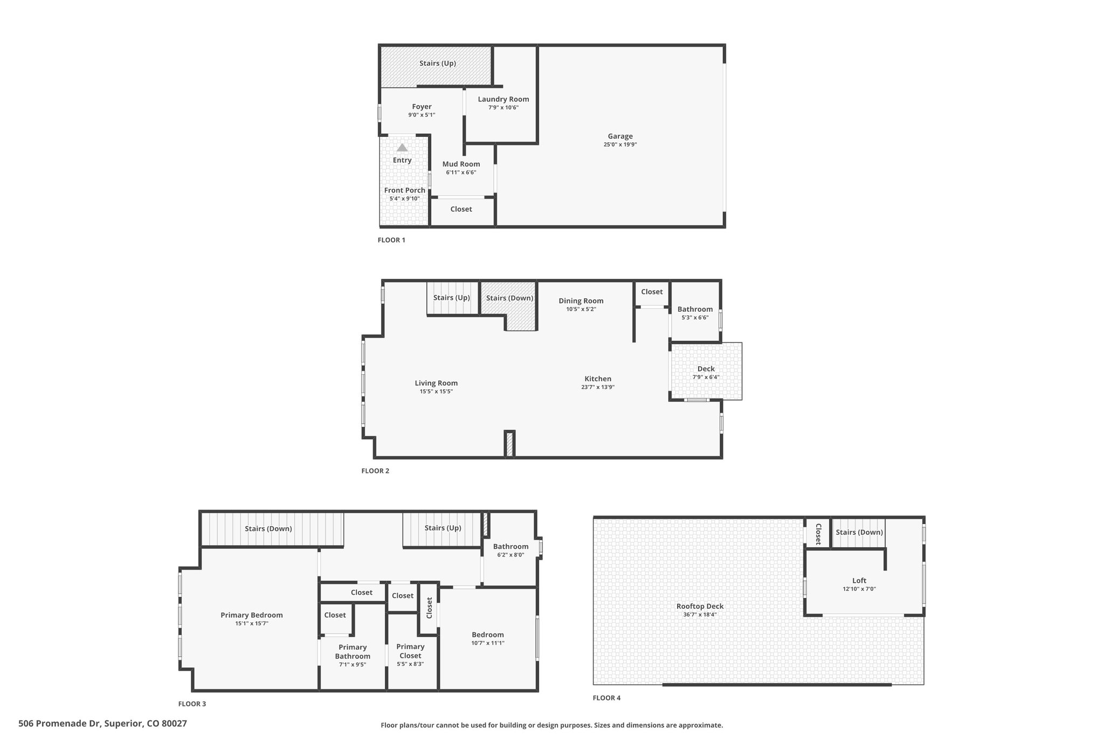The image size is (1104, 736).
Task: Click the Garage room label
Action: pyautogui.click(x=620, y=136)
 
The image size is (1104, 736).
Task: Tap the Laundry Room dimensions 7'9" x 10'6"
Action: pyautogui.click(x=503, y=107)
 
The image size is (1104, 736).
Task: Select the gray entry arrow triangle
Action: pyautogui.click(x=402, y=147)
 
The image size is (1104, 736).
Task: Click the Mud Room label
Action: pyautogui.click(x=461, y=164)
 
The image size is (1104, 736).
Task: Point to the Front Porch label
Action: pyautogui.click(x=405, y=190)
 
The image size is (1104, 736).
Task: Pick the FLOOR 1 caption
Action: pyautogui.click(x=391, y=240)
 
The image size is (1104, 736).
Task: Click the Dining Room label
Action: pyautogui.click(x=581, y=301)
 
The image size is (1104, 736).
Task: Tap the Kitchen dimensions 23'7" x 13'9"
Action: pyautogui.click(x=598, y=387)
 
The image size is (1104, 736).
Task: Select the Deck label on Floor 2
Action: pyautogui.click(x=706, y=369)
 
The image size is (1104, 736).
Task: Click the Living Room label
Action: pyautogui.click(x=436, y=383)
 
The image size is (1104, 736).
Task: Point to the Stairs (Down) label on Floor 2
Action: pyautogui.click(x=509, y=298)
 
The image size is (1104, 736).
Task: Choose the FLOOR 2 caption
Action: pyautogui.click(x=375, y=471)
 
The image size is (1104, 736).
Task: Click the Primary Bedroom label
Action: pyautogui.click(x=252, y=615)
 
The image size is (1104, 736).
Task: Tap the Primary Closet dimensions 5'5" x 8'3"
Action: pyautogui.click(x=410, y=664)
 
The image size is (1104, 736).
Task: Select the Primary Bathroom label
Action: pyautogui.click(x=353, y=652)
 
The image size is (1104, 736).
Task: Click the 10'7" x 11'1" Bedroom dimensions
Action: pyautogui.click(x=488, y=643)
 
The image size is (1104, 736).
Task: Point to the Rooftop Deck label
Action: pyautogui.click(x=700, y=606)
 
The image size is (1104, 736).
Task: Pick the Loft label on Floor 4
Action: pyautogui.click(x=859, y=581)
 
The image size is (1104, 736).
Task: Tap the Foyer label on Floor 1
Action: pyautogui.click(x=422, y=107)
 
